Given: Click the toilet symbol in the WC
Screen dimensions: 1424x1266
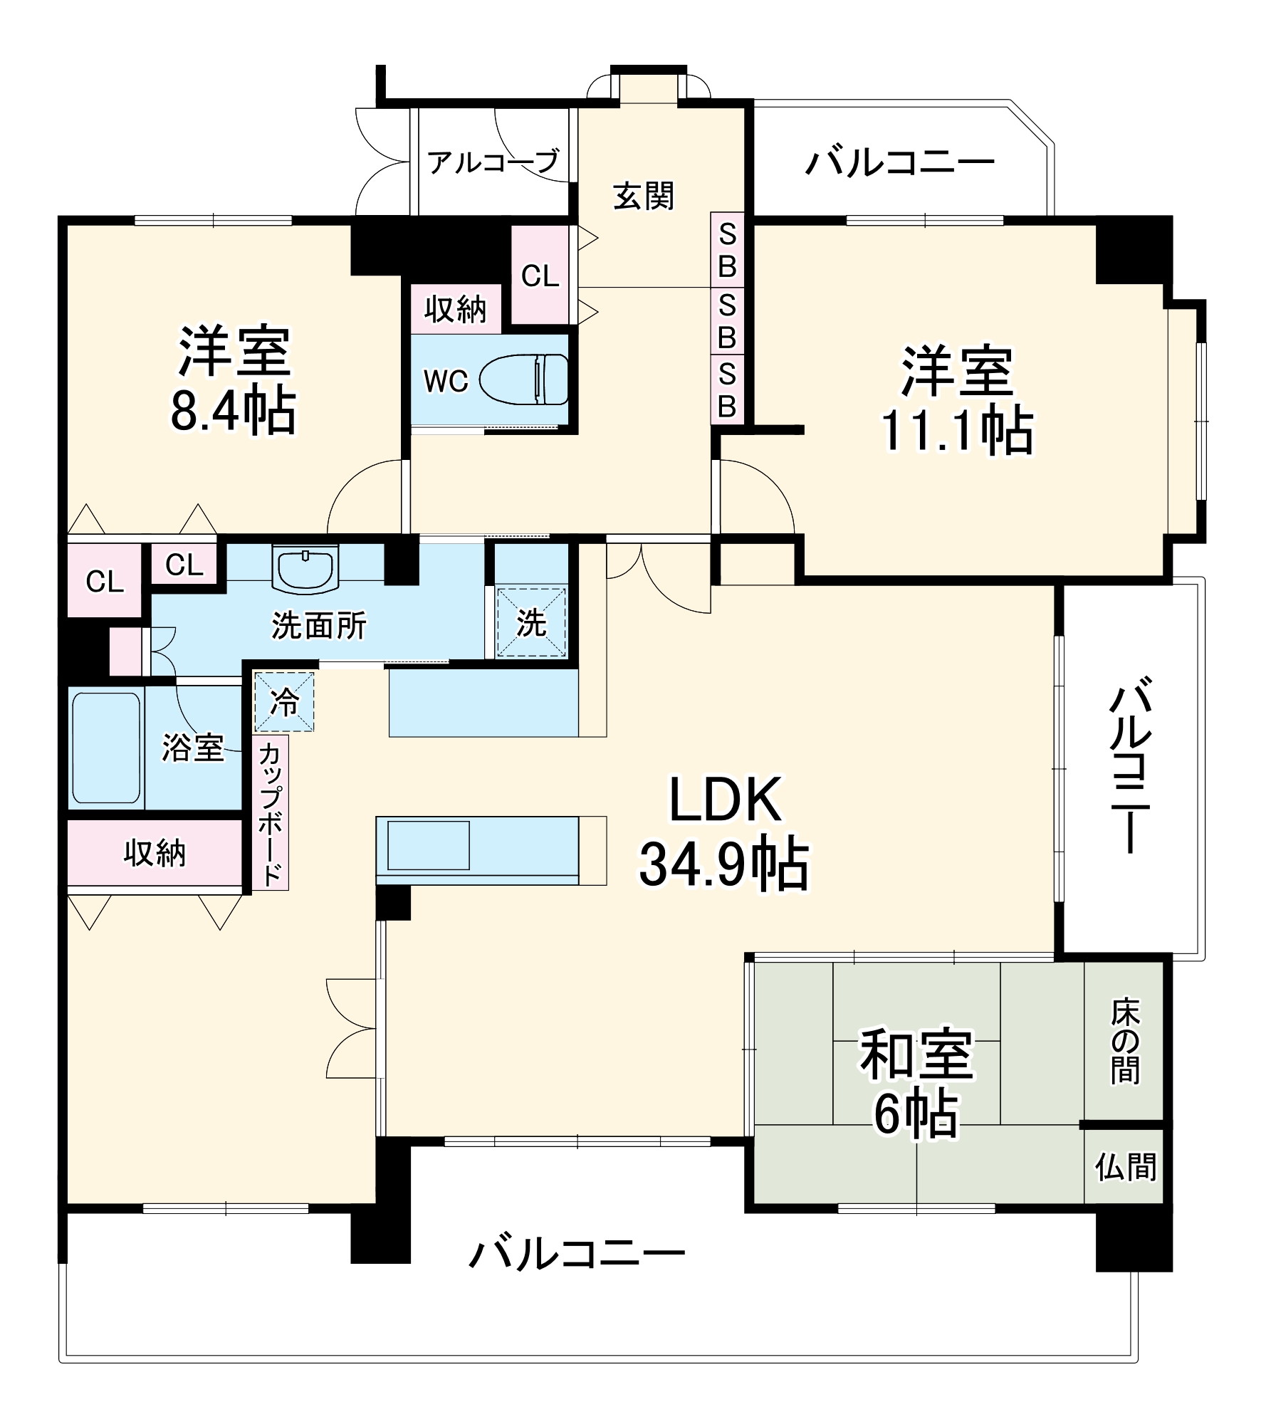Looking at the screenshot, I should pos(523,379).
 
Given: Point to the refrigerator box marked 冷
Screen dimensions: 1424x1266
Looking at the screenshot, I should pos(284,702).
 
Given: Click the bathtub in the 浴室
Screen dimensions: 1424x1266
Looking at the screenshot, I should pos(106,747).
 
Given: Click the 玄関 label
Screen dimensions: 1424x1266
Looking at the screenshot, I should pos(644,196).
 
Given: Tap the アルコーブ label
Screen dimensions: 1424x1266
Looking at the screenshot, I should pos(493,162).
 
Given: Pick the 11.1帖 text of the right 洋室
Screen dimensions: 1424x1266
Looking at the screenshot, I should pos(957,430).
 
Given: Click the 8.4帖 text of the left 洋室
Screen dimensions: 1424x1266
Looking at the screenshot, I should pos(233,411).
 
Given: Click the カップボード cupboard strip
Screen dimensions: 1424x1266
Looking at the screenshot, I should pos(270,813).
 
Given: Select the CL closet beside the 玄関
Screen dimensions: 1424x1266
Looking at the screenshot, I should pos(540,276).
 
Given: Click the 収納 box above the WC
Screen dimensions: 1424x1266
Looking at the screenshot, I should pos(456,309).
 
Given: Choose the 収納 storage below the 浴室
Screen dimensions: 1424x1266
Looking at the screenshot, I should pos(155,852).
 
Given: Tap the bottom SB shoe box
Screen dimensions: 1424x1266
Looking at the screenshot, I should pos(727,390).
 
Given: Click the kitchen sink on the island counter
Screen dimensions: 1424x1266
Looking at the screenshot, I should pos(428,844).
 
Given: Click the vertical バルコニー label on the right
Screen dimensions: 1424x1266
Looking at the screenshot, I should pos(1129,767).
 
